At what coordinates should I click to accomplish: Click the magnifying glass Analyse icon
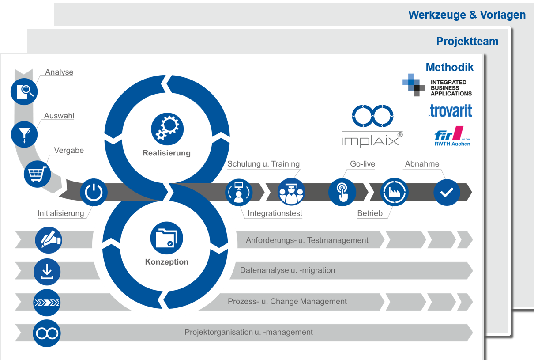[x=24, y=91]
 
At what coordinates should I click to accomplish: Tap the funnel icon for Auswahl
[x=24, y=135]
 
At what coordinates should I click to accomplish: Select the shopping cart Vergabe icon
[x=37, y=174]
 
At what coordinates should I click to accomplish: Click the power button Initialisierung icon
[x=94, y=192]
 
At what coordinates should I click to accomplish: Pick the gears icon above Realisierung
[x=167, y=129]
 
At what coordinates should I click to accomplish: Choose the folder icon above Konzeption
[x=167, y=238]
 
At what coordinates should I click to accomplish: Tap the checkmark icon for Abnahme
[x=447, y=192]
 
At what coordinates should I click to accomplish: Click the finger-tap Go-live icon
[x=342, y=192]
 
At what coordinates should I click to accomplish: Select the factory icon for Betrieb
[x=394, y=192]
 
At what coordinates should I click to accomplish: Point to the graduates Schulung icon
[x=291, y=192]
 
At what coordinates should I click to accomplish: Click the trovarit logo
[x=450, y=111]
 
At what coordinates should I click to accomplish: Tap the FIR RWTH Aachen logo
[x=452, y=136]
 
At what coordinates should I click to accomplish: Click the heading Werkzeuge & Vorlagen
[x=467, y=15]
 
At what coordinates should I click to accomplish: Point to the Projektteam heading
[x=467, y=41]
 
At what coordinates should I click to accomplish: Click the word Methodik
[x=450, y=67]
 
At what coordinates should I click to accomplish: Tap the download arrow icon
[x=47, y=272]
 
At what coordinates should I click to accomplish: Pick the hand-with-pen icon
[x=49, y=240]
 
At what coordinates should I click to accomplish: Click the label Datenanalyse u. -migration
[x=287, y=270]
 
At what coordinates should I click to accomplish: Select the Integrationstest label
[x=275, y=213]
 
